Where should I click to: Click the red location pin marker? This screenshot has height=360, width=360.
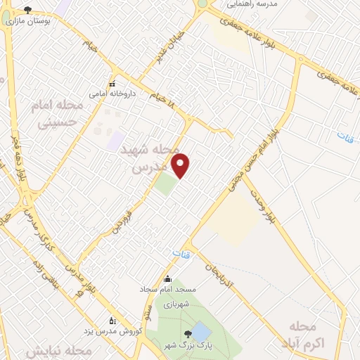[181, 164]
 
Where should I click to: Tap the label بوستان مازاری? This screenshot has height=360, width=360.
[27, 22]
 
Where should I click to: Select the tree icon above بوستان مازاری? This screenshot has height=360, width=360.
[28, 10]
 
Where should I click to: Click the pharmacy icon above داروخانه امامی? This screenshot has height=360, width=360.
[111, 84]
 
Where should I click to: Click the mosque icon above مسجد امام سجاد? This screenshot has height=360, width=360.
[167, 278]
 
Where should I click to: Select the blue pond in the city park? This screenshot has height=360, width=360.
[201, 331]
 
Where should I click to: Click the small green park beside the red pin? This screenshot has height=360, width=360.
[166, 184]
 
